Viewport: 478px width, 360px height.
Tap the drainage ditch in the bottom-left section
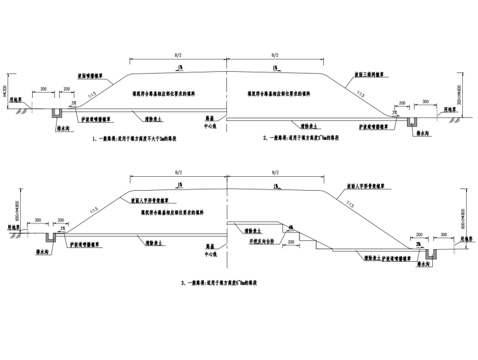pyautogui.click(x=51, y=236)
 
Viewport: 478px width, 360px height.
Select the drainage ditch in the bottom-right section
pyautogui.click(x=431, y=253)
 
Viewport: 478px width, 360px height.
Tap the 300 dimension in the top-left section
pyautogui.click(x=43, y=89)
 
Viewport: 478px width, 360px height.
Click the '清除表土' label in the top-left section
pyautogui.click(x=150, y=116)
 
